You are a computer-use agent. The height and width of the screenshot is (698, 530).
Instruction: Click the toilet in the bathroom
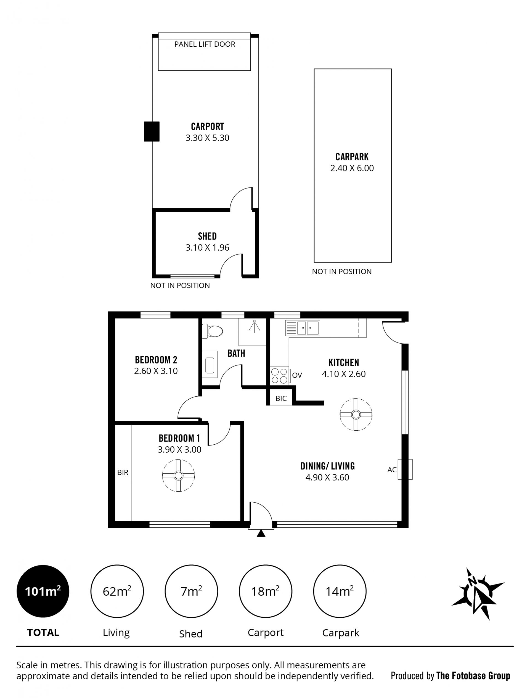coord(213,331)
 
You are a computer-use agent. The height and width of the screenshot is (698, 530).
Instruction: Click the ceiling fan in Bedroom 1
coord(178,475)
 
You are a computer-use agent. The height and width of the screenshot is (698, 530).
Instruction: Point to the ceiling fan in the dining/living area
coord(356,414)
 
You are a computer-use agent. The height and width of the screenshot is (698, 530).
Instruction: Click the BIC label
coord(281,398)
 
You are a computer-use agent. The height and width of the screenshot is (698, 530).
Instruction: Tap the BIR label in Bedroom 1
coord(123,473)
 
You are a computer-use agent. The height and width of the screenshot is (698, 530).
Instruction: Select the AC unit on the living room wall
coord(405,469)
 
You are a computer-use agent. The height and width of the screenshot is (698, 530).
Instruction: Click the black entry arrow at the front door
coord(261,533)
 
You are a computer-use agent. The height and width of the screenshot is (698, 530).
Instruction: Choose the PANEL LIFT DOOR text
coord(205,44)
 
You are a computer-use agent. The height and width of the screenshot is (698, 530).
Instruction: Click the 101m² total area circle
coord(43,591)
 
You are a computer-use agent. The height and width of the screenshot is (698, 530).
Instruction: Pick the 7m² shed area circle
coord(191,591)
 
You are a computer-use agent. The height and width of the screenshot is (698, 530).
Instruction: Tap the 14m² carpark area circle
coord(340,591)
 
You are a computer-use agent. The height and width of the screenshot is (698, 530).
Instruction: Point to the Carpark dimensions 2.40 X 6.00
coord(352,168)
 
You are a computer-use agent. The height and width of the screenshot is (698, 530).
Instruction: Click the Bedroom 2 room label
coord(156,360)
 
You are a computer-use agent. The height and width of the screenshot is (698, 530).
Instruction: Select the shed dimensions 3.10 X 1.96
coord(207,247)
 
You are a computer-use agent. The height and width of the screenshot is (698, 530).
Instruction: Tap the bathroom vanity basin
coord(210,365)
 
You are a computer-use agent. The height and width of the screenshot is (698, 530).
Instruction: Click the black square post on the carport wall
coord(152,131)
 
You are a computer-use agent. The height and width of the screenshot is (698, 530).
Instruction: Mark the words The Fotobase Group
coord(473,676)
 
